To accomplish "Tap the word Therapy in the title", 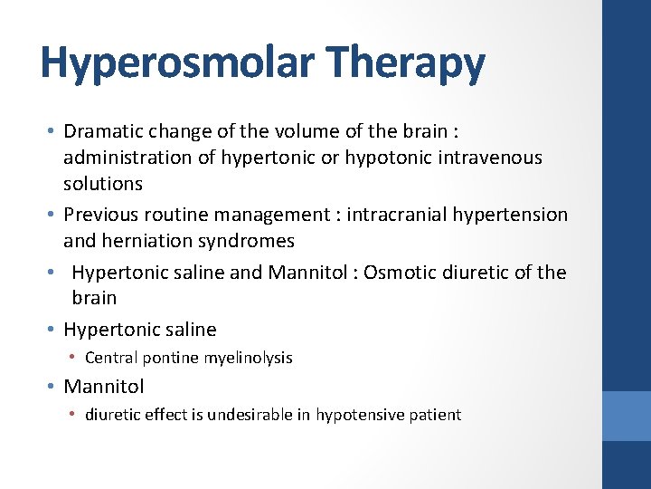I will click(x=407, y=62).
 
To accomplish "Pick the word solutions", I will click(x=102, y=183).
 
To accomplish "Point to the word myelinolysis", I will click(x=248, y=358).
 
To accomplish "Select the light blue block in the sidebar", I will click(x=627, y=416).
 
